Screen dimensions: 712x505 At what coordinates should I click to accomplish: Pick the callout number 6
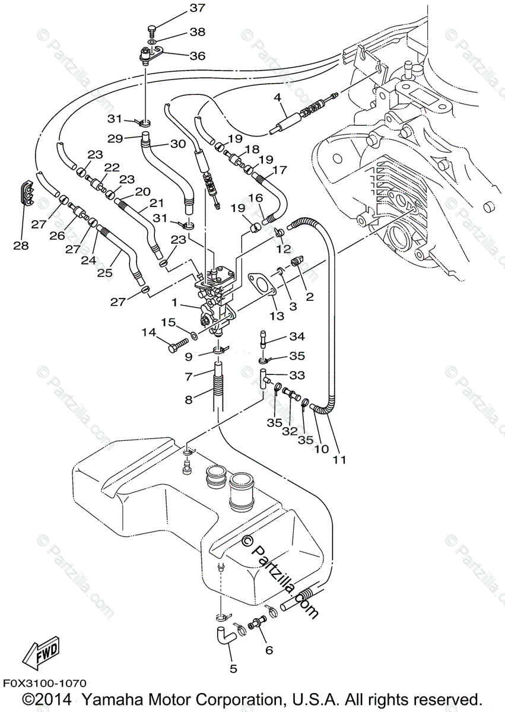[269, 651]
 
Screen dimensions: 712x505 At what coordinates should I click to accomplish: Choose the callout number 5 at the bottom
[233, 669]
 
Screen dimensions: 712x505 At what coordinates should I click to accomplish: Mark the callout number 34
[297, 337]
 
